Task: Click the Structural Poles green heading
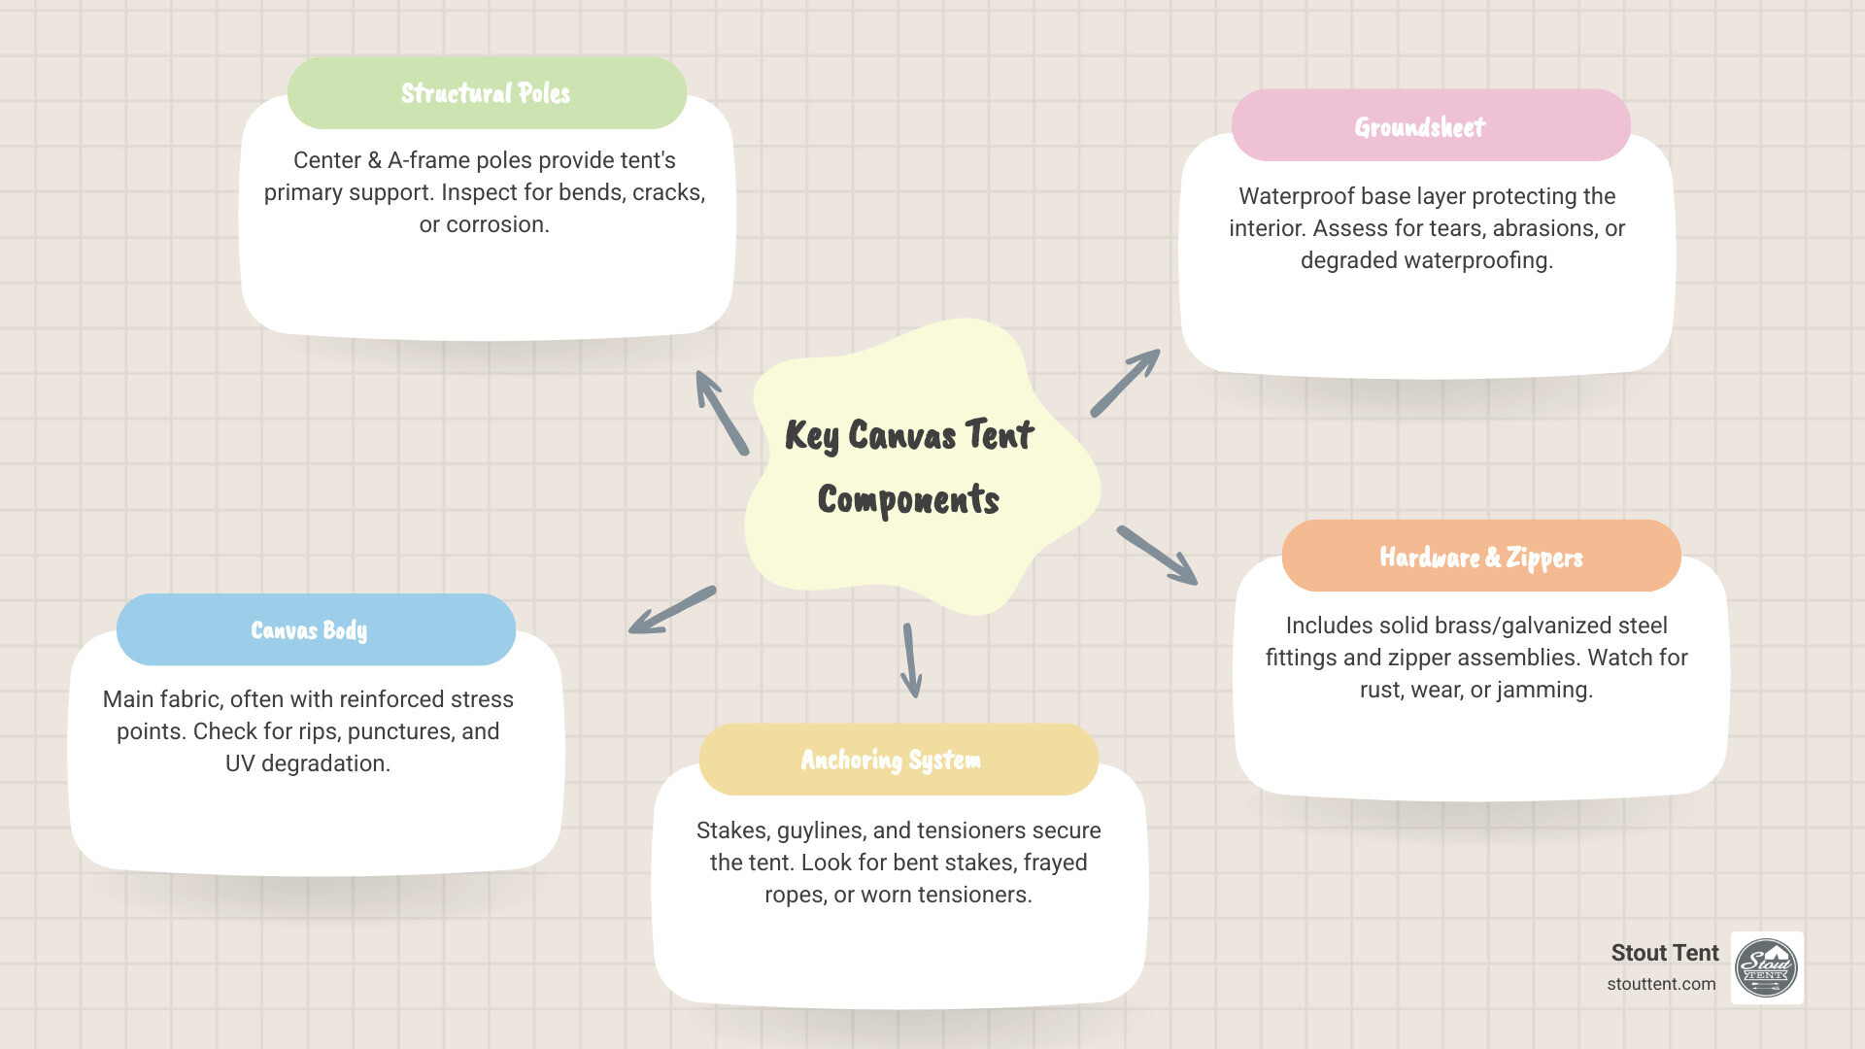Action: click(487, 93)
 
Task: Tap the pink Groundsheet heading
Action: click(1420, 127)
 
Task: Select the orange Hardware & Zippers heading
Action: click(1481, 557)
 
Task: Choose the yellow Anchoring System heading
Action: click(891, 760)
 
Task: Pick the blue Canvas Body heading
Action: click(309, 630)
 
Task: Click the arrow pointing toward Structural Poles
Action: click(721, 412)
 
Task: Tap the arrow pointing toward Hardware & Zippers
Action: click(1157, 556)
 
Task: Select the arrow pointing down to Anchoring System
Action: click(911, 660)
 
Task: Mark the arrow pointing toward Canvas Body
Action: click(671, 611)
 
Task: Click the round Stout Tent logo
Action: click(1767, 967)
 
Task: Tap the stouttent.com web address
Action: click(1661, 984)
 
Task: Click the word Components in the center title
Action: click(908, 500)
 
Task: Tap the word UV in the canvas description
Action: click(240, 763)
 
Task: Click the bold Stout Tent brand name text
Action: click(1664, 953)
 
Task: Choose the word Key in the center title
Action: click(812, 436)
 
